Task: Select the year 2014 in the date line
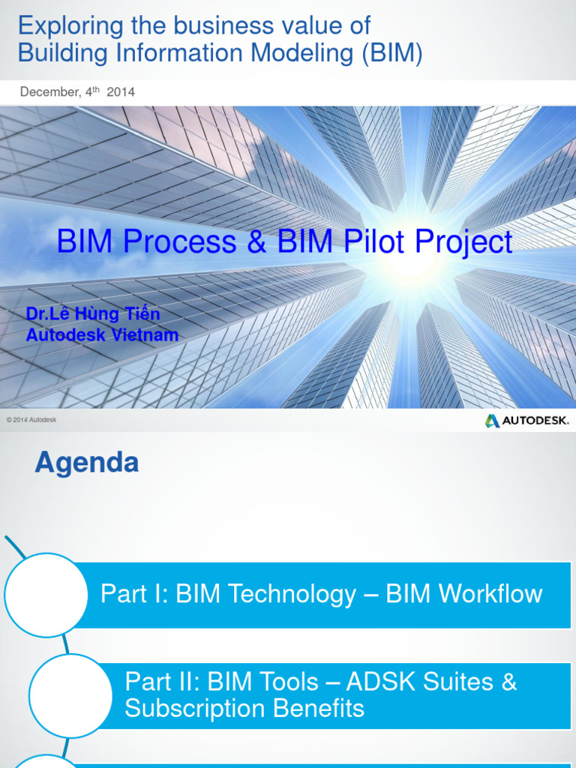[x=121, y=92]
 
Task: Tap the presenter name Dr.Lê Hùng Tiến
[x=93, y=314]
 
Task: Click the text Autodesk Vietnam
[x=102, y=335]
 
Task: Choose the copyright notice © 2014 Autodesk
[x=31, y=420]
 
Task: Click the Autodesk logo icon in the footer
[x=492, y=421]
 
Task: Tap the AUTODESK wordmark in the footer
[x=535, y=421]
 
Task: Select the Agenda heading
[x=87, y=463]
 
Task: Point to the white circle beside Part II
[x=70, y=695]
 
